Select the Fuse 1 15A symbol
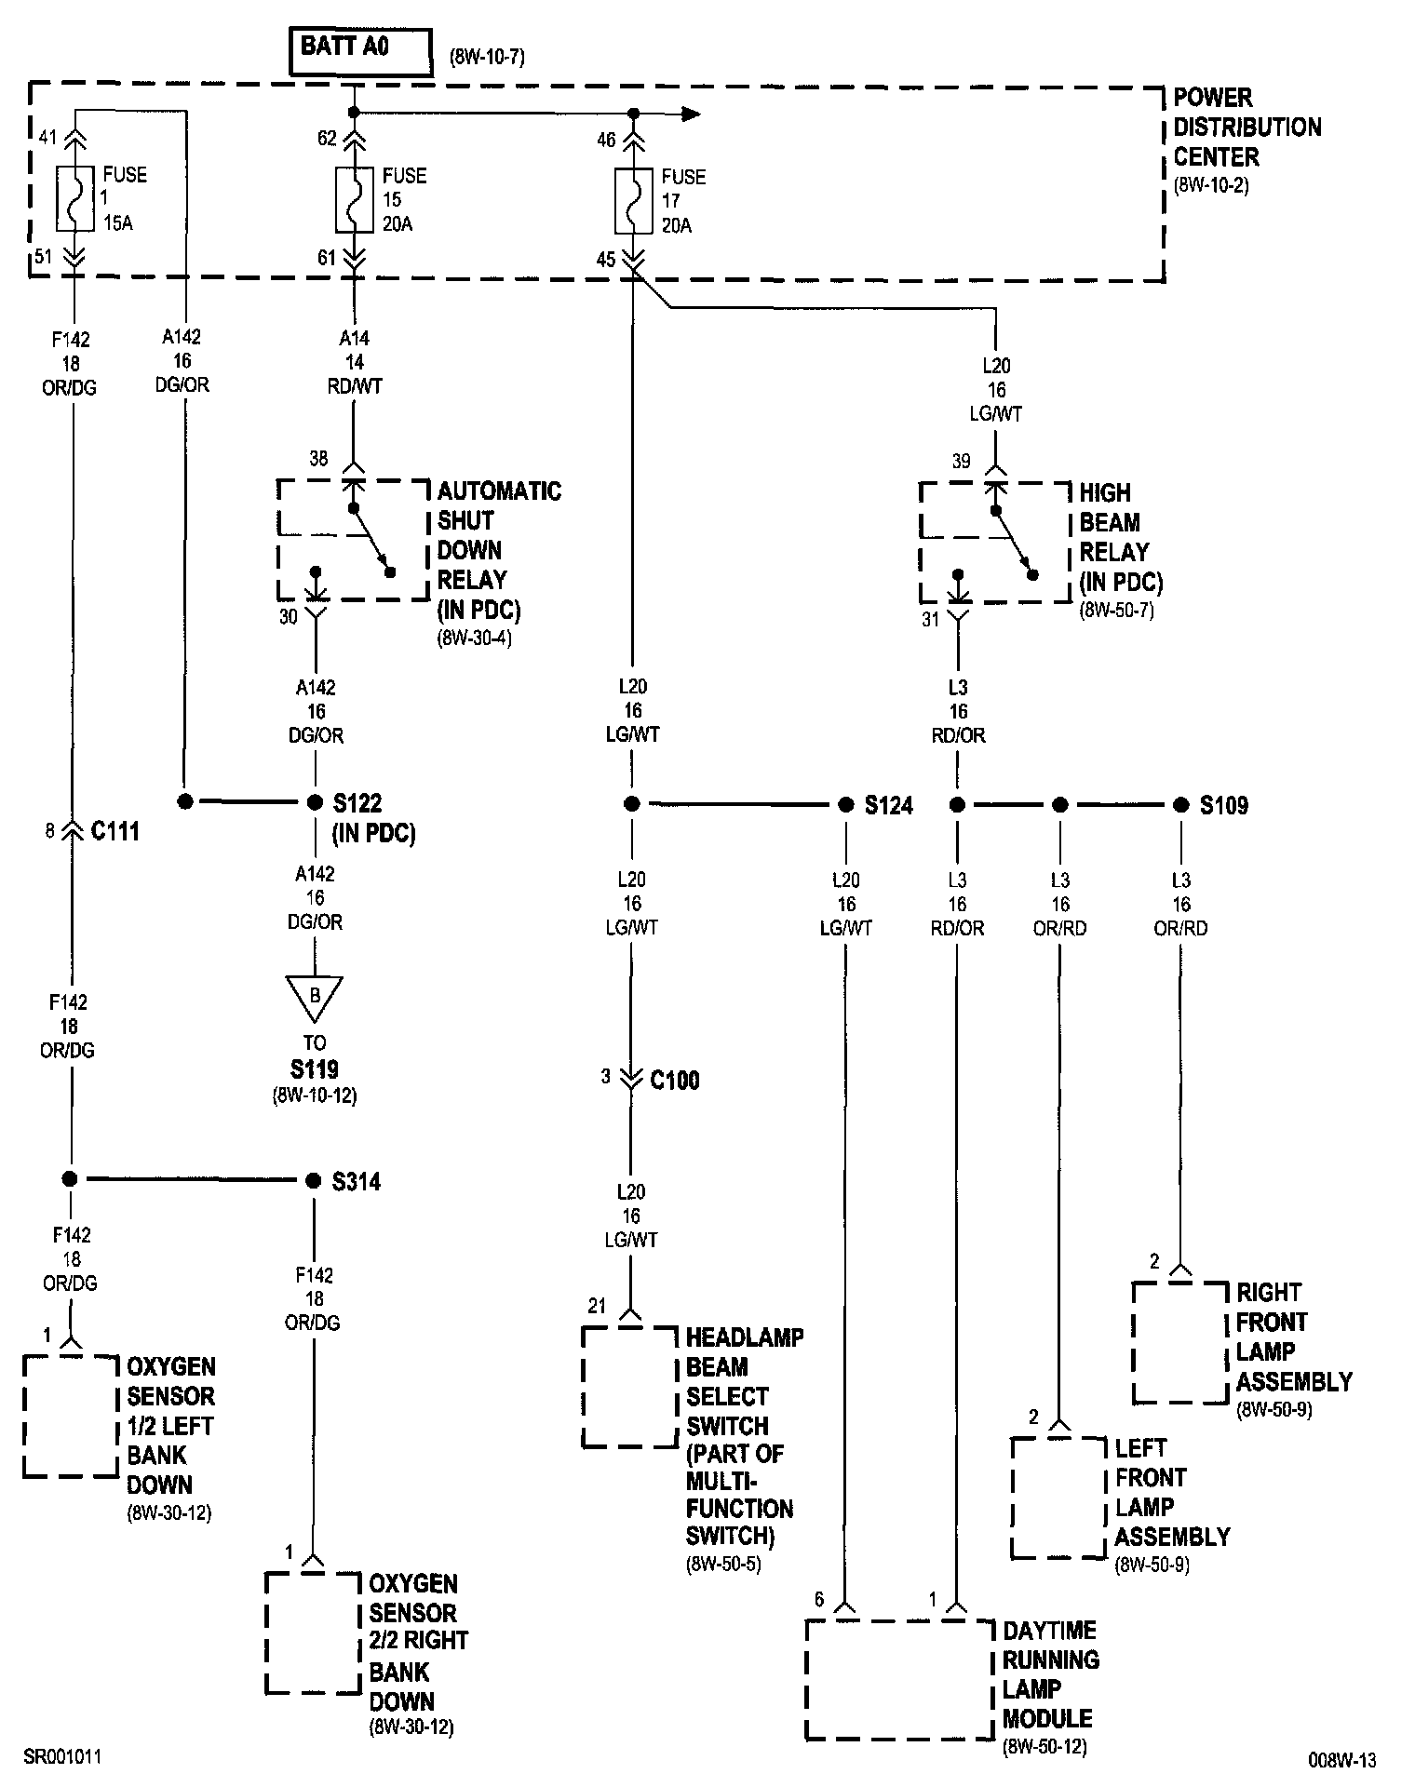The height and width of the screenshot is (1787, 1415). click(74, 198)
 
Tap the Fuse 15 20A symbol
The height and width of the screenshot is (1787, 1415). click(354, 199)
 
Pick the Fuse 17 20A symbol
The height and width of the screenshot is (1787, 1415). click(633, 201)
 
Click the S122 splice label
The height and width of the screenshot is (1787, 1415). click(357, 803)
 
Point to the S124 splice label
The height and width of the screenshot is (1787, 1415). click(888, 806)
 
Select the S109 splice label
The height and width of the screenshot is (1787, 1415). click(1223, 806)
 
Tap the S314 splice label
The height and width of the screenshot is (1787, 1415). click(357, 1182)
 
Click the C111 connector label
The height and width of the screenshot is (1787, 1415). click(115, 831)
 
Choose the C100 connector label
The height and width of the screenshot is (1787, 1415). click(674, 1081)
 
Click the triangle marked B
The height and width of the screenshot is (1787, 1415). click(315, 998)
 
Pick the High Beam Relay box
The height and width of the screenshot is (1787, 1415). click(994, 543)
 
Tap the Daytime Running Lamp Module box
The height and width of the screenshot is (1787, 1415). click(898, 1679)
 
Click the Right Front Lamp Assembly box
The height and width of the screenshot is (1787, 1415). click(1179, 1342)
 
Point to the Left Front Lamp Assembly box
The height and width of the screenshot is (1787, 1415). click(1058, 1498)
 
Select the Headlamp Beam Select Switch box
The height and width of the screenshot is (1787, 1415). click(629, 1387)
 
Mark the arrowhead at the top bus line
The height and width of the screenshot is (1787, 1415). click(690, 114)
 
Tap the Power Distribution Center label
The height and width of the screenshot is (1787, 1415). click(1246, 128)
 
